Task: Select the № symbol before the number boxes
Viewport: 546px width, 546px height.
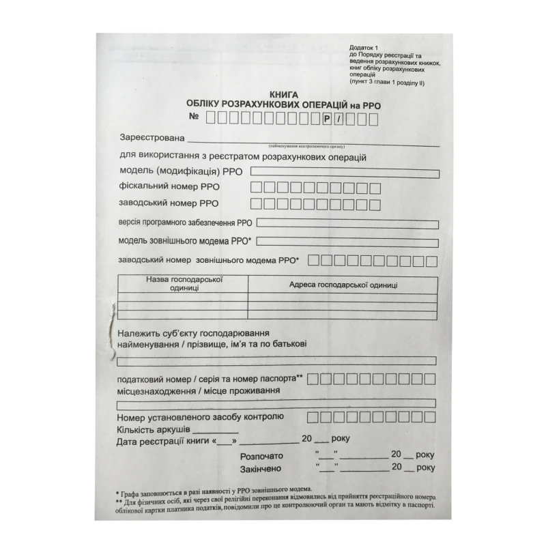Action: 193,117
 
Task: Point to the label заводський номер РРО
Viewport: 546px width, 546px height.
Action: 168,203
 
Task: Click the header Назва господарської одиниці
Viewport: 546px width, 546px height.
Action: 184,283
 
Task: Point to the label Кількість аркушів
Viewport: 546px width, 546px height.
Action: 154,429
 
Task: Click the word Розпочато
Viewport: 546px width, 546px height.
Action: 262,456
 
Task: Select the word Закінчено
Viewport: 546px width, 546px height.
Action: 262,470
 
